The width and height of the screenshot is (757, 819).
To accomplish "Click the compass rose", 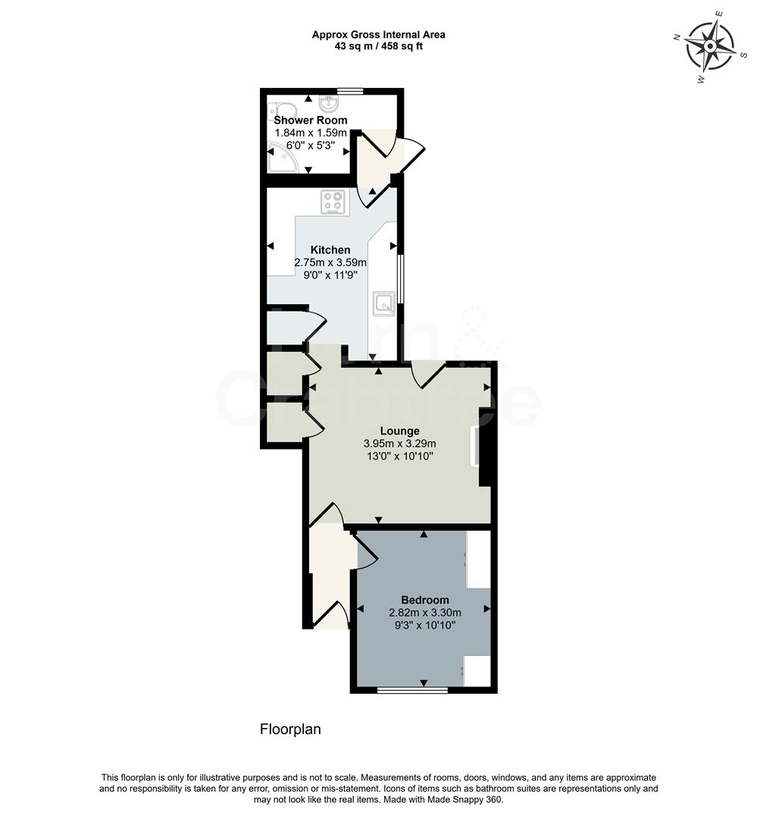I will [710, 46].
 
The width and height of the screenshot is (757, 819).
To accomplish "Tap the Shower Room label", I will [311, 120].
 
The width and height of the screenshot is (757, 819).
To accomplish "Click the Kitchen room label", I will [330, 249].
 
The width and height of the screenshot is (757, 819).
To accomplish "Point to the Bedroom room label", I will [424, 599].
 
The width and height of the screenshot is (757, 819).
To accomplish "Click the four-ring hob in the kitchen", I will [333, 202].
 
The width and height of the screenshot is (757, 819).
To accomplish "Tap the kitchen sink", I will [383, 303].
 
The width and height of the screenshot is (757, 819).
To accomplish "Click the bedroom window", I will [412, 690].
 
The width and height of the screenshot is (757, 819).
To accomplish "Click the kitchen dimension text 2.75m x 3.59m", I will [330, 262].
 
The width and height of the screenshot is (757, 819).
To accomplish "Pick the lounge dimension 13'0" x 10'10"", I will [399, 456].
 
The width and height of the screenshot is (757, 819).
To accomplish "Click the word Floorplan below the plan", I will [290, 730].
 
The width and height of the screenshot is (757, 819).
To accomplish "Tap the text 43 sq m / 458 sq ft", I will [378, 46].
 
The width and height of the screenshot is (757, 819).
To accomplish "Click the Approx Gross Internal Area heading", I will [378, 34].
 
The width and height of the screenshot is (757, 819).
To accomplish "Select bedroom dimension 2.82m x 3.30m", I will [424, 613].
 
